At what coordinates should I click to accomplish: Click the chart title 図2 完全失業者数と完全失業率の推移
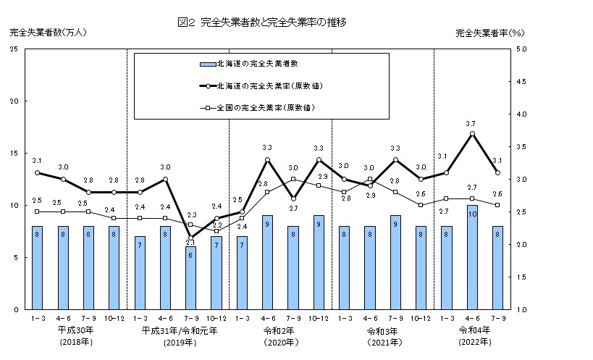point(261,22)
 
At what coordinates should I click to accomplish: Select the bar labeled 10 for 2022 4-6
point(472,258)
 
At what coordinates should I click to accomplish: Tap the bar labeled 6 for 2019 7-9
point(190,278)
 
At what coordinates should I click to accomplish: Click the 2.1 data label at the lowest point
point(190,243)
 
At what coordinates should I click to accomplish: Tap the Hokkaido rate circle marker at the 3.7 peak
point(472,133)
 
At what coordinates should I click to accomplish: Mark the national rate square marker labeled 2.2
point(216,231)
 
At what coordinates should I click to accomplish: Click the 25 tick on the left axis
point(14,49)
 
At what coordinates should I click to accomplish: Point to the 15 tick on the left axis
point(14,154)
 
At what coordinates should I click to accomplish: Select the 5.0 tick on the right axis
point(522,49)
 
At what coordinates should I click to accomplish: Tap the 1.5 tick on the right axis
point(522,277)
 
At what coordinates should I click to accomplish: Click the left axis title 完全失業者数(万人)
point(38,33)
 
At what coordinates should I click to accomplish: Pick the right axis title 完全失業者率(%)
point(490,33)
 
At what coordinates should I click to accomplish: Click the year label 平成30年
point(75,330)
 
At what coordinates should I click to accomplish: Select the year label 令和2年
point(279,330)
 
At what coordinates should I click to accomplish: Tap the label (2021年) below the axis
point(382,342)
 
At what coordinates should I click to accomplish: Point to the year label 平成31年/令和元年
point(178,330)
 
